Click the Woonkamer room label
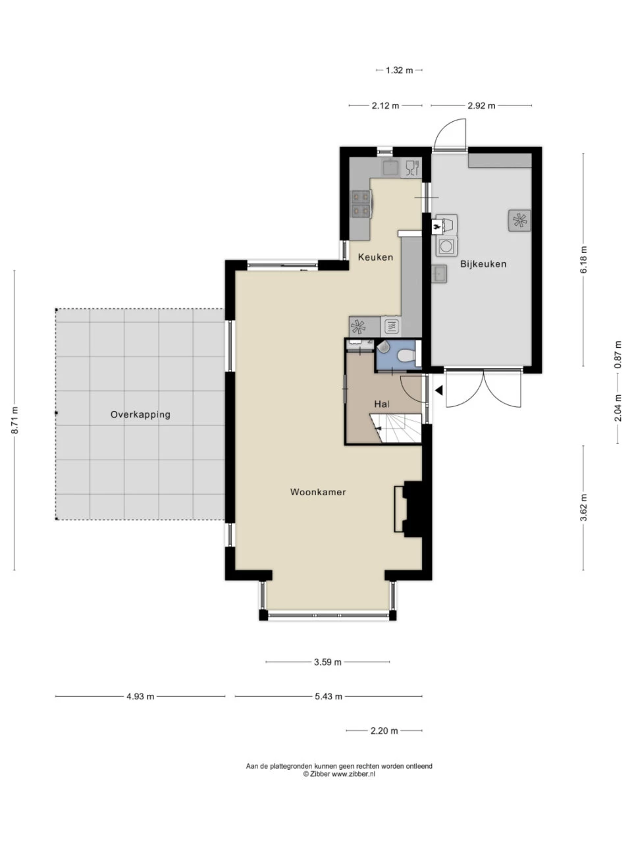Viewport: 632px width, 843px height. (318, 492)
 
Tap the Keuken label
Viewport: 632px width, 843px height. (375, 257)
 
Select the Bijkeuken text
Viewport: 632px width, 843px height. (483, 264)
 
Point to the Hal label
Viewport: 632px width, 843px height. (382, 404)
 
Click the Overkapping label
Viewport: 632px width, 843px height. (140, 415)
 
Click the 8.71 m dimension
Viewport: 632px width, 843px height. (14, 420)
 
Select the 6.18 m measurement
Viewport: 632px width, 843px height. (583, 259)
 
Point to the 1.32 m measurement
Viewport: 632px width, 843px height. (399, 70)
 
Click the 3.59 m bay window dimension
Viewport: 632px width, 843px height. (327, 662)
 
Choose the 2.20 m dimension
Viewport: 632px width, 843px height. (384, 731)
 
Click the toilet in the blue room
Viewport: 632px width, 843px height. (406, 355)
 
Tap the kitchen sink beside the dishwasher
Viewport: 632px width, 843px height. (391, 167)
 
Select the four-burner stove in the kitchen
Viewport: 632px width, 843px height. (361, 204)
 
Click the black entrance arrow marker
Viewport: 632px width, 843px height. (439, 391)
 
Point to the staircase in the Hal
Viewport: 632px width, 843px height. (396, 428)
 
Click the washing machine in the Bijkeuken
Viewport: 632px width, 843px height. (446, 246)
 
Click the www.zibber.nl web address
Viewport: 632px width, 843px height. (353, 775)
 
